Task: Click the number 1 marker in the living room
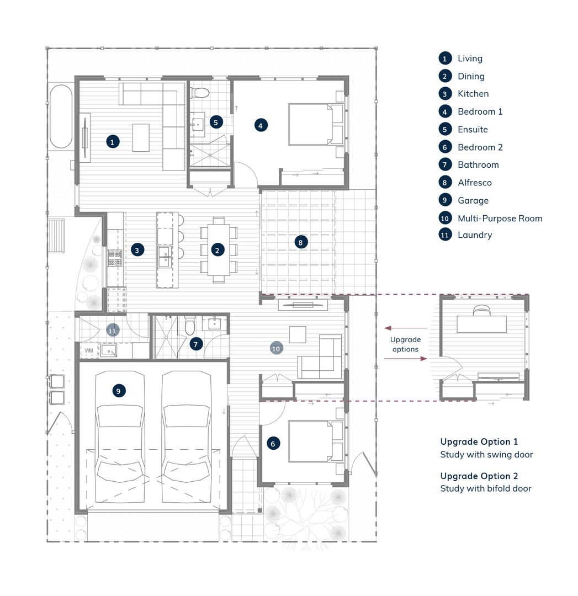tap(112, 142)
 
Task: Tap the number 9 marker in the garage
tap(118, 391)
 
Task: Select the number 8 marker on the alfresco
tap(300, 242)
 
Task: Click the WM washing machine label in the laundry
tap(88, 350)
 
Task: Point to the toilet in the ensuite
tap(202, 92)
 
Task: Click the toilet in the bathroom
tap(190, 327)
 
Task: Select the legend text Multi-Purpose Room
tap(500, 218)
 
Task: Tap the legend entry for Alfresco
tap(474, 182)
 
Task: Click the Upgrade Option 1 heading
tap(479, 441)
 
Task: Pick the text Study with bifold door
tap(485, 488)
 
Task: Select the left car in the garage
tap(120, 436)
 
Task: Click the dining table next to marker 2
tap(219, 250)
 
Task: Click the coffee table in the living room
tap(141, 137)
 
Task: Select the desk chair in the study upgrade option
tap(481, 311)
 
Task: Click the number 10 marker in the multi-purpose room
tap(276, 348)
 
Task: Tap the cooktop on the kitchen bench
tap(115, 257)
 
